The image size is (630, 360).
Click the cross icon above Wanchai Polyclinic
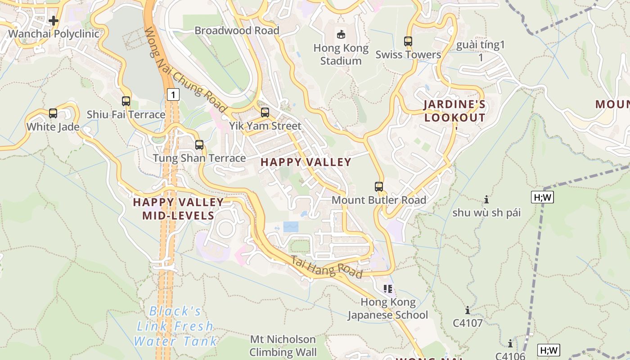[54, 21]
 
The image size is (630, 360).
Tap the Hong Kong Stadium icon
[341, 34]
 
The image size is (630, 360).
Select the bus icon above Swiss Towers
[408, 41]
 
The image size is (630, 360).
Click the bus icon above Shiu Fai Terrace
[126, 101]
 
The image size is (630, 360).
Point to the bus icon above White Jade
[53, 113]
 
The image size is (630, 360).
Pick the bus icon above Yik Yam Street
[265, 112]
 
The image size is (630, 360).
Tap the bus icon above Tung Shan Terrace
[199, 145]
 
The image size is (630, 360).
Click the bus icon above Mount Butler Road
[379, 186]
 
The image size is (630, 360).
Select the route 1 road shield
[173, 94]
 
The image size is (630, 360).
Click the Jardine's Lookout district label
[454, 111]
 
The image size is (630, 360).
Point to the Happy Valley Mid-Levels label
[178, 209]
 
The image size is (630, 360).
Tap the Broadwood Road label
[237, 30]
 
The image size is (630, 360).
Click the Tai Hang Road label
[326, 267]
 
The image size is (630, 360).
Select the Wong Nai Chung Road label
[185, 70]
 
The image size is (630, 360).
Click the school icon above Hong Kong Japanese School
[388, 288]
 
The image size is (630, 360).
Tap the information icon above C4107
[468, 310]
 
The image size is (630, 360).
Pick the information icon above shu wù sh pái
[486, 199]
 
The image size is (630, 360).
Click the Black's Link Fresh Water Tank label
[175, 326]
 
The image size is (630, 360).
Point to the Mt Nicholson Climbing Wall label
[283, 346]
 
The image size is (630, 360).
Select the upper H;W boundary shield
[542, 197]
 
